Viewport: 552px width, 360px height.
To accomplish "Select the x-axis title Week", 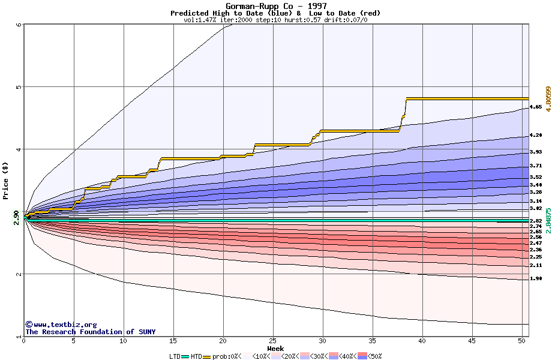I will [275, 348].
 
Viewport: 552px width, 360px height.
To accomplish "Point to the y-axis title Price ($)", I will [6, 181].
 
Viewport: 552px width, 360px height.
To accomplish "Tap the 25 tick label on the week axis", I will [273, 341].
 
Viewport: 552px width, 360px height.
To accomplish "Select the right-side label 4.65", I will [536, 107].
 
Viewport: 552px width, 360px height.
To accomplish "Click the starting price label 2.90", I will [16, 217].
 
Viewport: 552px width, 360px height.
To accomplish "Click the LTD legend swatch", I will [185, 356].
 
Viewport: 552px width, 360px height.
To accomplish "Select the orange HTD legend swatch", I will [208, 356].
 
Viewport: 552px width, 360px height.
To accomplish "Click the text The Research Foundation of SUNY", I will [90, 332].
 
